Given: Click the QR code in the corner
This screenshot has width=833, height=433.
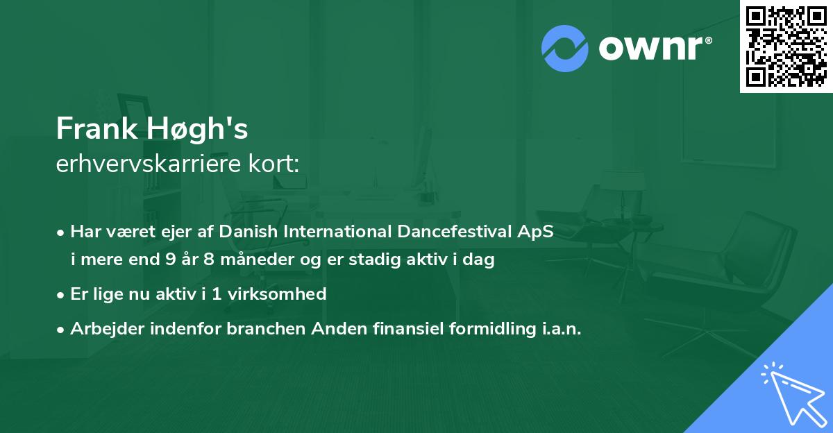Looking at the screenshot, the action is click(786, 46).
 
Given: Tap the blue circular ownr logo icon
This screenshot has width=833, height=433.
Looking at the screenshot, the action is click(564, 49).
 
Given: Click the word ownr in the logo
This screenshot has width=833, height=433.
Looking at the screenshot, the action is click(651, 48).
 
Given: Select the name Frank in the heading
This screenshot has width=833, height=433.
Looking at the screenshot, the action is click(96, 128).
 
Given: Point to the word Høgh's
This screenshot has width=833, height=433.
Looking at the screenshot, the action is click(197, 129).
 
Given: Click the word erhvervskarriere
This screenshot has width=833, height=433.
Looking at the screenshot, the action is click(149, 164).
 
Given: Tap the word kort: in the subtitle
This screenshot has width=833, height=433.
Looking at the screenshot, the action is click(274, 164).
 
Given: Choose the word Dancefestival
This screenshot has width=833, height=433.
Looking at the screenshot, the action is click(455, 231).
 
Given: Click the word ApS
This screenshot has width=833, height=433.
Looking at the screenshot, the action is click(535, 232).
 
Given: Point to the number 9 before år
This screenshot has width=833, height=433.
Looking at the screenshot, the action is click(171, 259).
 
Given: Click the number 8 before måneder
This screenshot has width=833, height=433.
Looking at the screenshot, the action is click(209, 259).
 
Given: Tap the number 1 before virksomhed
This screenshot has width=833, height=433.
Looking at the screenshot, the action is click(217, 294).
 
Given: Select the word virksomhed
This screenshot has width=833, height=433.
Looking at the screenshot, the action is click(277, 294).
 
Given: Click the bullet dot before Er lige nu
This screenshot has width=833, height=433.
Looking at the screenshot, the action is click(60, 296).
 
